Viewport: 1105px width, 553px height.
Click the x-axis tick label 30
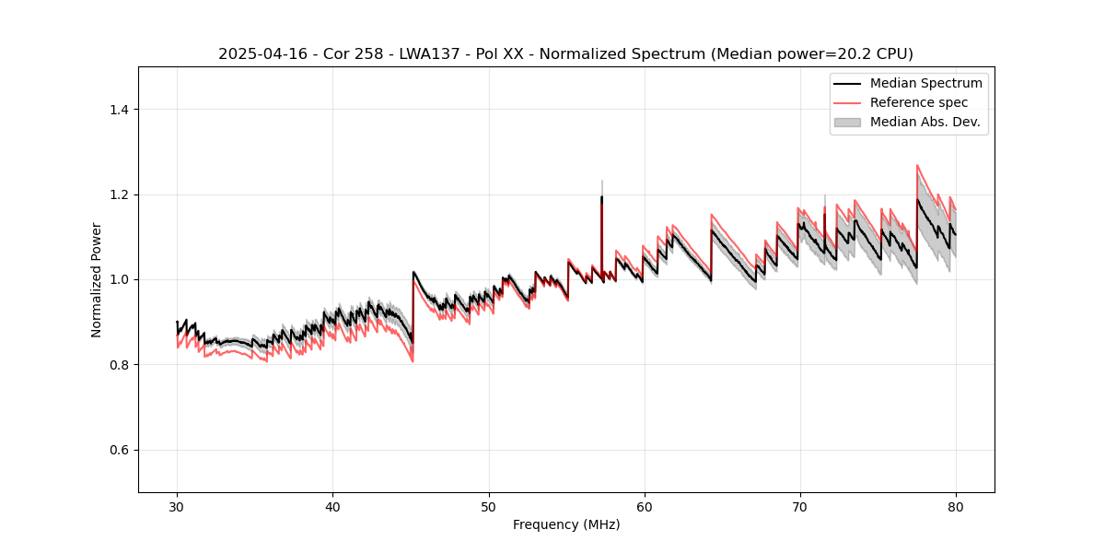click(x=177, y=506)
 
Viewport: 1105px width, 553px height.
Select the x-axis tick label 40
click(x=332, y=506)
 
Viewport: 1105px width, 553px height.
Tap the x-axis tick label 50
click(x=488, y=506)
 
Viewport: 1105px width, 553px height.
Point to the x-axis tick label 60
click(x=644, y=506)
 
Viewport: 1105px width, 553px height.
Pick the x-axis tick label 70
click(x=799, y=506)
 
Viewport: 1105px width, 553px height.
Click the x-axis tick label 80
click(x=955, y=506)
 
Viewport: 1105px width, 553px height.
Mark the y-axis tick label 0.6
click(x=119, y=450)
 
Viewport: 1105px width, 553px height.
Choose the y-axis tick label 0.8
click(x=119, y=365)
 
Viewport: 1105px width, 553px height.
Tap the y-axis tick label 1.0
click(x=119, y=279)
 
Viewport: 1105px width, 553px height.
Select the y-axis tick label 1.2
click(x=119, y=194)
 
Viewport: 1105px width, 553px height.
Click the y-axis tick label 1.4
click(x=119, y=110)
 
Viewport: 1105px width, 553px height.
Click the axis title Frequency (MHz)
click(x=566, y=524)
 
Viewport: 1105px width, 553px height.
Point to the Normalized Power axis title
click(x=97, y=279)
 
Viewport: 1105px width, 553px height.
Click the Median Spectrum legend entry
click(x=925, y=83)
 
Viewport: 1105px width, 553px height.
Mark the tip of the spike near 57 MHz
click(x=601, y=181)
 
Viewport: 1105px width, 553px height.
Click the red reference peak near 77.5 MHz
click(x=917, y=166)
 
